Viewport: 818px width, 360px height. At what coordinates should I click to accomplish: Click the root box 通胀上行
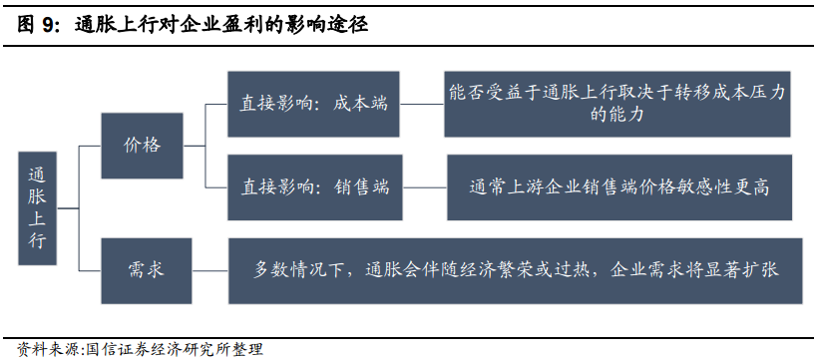(x=37, y=206)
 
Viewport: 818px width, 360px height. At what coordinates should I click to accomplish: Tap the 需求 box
(x=146, y=269)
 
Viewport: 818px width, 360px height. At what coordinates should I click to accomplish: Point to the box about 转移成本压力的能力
(x=617, y=104)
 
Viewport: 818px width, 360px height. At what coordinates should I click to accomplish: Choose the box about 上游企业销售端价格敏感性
(x=619, y=186)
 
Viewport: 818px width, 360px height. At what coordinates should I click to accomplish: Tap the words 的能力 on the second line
(x=617, y=116)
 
